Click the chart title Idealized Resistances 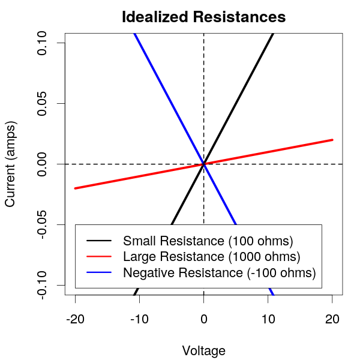click(x=203, y=17)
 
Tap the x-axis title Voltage click(x=203, y=350)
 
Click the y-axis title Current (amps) click(x=10, y=164)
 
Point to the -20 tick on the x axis click(x=75, y=319)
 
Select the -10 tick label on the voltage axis click(x=139, y=319)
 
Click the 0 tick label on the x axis click(x=204, y=319)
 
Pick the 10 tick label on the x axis click(x=268, y=319)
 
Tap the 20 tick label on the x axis click(x=332, y=319)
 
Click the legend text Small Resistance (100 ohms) click(x=208, y=241)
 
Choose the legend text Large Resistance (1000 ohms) click(x=211, y=257)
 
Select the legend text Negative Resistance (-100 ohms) click(x=219, y=272)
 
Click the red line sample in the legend click(x=99, y=257)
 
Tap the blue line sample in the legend click(x=99, y=272)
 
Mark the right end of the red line click(x=332, y=140)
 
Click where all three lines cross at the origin click(x=204, y=164)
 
